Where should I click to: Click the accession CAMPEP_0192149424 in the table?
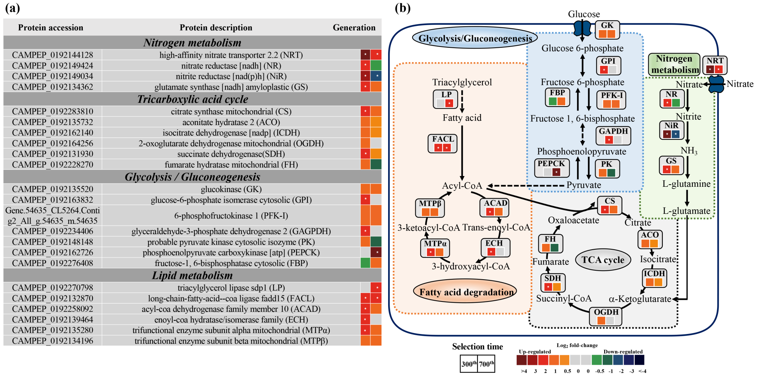point(52,66)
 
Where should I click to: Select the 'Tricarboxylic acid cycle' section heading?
point(193,99)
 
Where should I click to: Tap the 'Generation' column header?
point(354,28)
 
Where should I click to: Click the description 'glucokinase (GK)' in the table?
point(231,189)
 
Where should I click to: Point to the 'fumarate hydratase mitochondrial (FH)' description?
point(231,165)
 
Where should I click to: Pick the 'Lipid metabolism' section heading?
point(193,276)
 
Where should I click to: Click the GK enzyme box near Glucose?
point(607,30)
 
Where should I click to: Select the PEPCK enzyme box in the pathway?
point(551,168)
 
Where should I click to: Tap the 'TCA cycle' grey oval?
point(603,260)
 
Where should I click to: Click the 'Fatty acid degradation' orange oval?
point(466,292)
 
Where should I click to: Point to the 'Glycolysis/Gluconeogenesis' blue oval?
point(475,38)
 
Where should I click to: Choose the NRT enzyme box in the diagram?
point(715,65)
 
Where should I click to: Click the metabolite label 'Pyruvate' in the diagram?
point(584,185)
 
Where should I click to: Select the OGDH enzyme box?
point(605,317)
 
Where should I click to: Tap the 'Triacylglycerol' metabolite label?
point(462,82)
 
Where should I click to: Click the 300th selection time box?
point(469,364)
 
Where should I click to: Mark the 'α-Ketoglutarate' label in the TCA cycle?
point(640,299)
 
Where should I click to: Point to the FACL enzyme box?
point(442,144)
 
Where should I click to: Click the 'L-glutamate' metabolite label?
point(686,211)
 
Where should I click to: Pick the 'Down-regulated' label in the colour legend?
point(623,352)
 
